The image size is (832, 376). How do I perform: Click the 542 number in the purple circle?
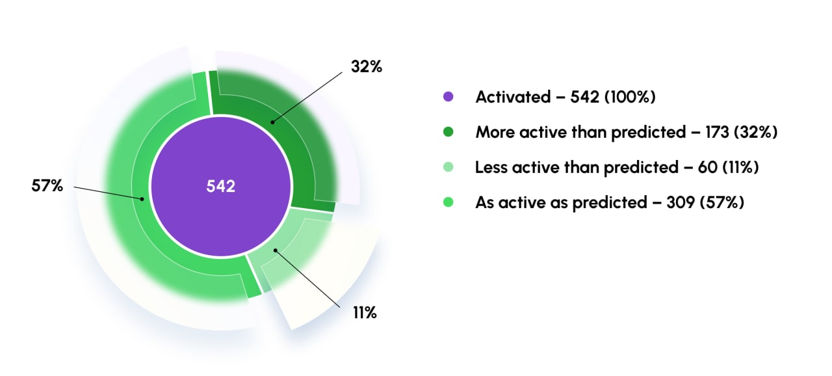click(220, 186)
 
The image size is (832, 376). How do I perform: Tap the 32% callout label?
click(367, 66)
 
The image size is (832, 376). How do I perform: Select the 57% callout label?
click(47, 185)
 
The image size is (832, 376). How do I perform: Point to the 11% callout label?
click(365, 312)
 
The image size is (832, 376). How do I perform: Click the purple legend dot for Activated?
click(448, 96)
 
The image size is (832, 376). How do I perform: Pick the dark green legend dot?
click(448, 132)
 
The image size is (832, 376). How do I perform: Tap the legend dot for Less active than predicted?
click(448, 167)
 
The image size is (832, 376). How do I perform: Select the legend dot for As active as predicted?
click(448, 202)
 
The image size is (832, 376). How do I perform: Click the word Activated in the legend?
click(513, 97)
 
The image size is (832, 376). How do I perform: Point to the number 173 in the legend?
click(717, 132)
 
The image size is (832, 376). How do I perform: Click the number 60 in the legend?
click(707, 167)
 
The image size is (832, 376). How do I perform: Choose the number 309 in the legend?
click(681, 202)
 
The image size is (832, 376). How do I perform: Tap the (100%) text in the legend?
click(630, 97)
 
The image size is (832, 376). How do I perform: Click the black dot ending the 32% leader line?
click(272, 122)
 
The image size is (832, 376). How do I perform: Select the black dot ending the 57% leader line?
click(142, 199)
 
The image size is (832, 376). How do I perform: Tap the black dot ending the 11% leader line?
click(275, 250)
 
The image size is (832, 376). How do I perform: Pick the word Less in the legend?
click(491, 167)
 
